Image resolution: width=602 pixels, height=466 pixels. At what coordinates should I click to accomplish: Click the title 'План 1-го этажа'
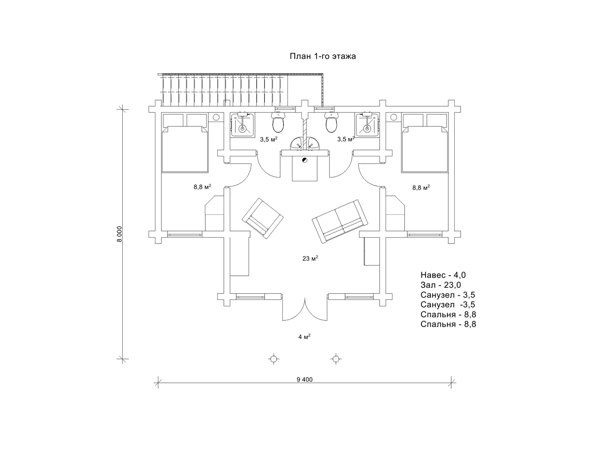coord(323,56)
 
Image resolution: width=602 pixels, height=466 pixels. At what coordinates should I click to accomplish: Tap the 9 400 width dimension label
coord(304,380)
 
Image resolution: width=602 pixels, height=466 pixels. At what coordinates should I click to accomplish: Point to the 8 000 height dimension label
coord(119,233)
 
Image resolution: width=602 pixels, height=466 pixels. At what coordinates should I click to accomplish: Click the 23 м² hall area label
coord(310,258)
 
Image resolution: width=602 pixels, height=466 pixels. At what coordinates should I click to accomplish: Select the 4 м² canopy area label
coord(304,337)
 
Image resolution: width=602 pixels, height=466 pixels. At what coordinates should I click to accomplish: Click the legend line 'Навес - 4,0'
coord(443,275)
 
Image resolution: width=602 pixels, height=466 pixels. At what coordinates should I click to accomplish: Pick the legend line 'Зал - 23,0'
coord(441,285)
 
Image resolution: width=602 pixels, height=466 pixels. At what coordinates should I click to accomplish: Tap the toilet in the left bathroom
coord(278,123)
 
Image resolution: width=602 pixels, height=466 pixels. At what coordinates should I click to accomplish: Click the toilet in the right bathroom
coord(331,123)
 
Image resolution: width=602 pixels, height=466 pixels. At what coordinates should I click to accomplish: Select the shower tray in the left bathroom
coord(242,125)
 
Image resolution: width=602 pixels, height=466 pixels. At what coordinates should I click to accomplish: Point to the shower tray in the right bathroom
coord(367,125)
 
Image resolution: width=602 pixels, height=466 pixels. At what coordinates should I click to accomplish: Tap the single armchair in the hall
coord(262,218)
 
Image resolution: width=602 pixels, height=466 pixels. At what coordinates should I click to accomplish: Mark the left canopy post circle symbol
coord(273,359)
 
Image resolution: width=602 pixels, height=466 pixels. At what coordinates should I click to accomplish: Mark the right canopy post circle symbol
coord(336,359)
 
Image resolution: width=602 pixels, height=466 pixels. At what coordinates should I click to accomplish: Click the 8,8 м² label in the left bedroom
coord(202,187)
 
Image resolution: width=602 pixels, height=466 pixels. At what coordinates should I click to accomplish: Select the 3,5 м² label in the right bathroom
coord(345,139)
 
